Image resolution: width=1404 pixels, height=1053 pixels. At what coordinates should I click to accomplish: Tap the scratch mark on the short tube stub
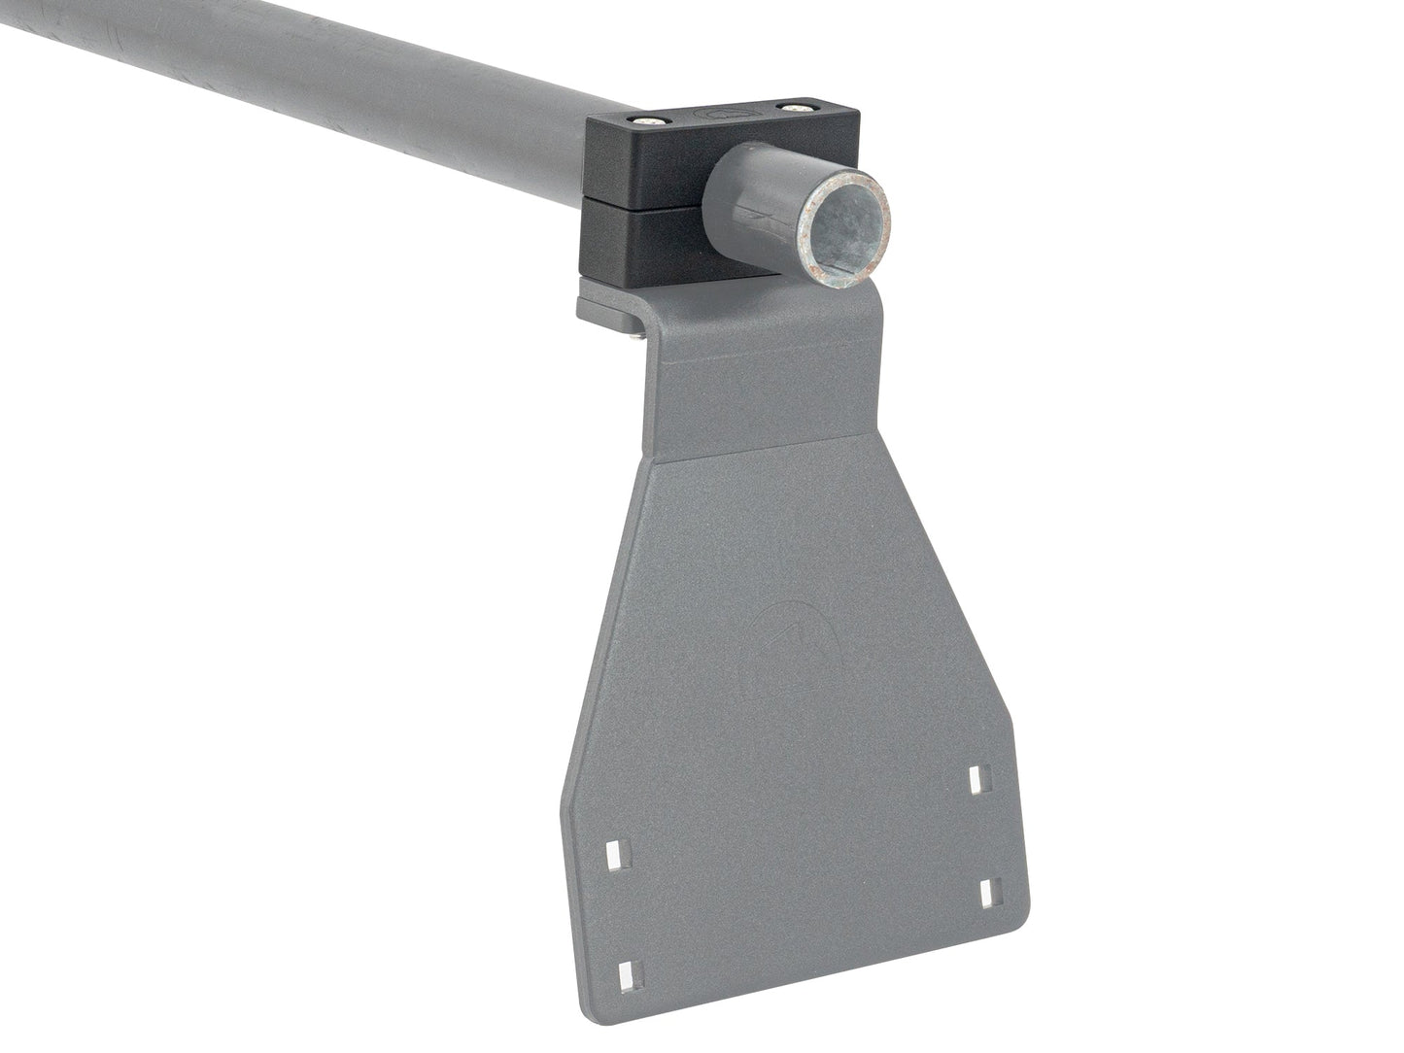click(x=768, y=210)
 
